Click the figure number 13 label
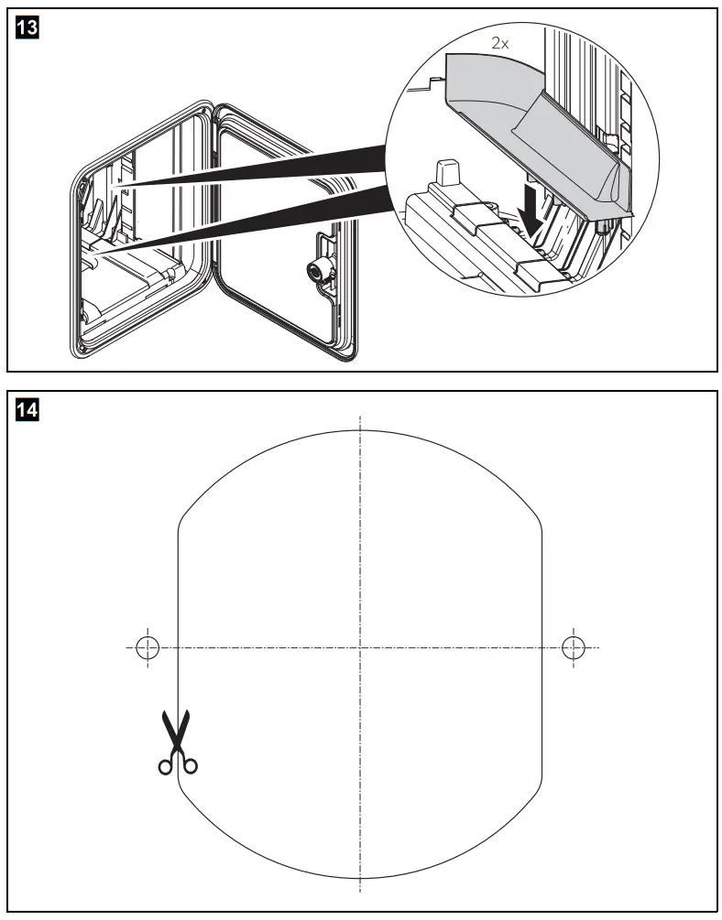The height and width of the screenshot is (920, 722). [28, 28]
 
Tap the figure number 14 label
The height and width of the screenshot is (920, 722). [28, 411]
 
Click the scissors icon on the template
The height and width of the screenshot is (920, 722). [175, 742]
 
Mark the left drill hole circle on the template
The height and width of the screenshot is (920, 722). [147, 647]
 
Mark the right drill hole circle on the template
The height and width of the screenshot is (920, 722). [574, 647]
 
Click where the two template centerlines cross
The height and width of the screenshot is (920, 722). [360, 647]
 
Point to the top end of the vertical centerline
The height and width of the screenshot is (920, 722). [360, 417]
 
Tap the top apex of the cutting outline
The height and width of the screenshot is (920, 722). [360, 430]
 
